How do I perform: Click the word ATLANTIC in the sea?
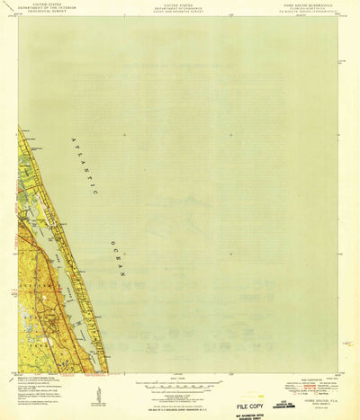pos(90,167)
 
